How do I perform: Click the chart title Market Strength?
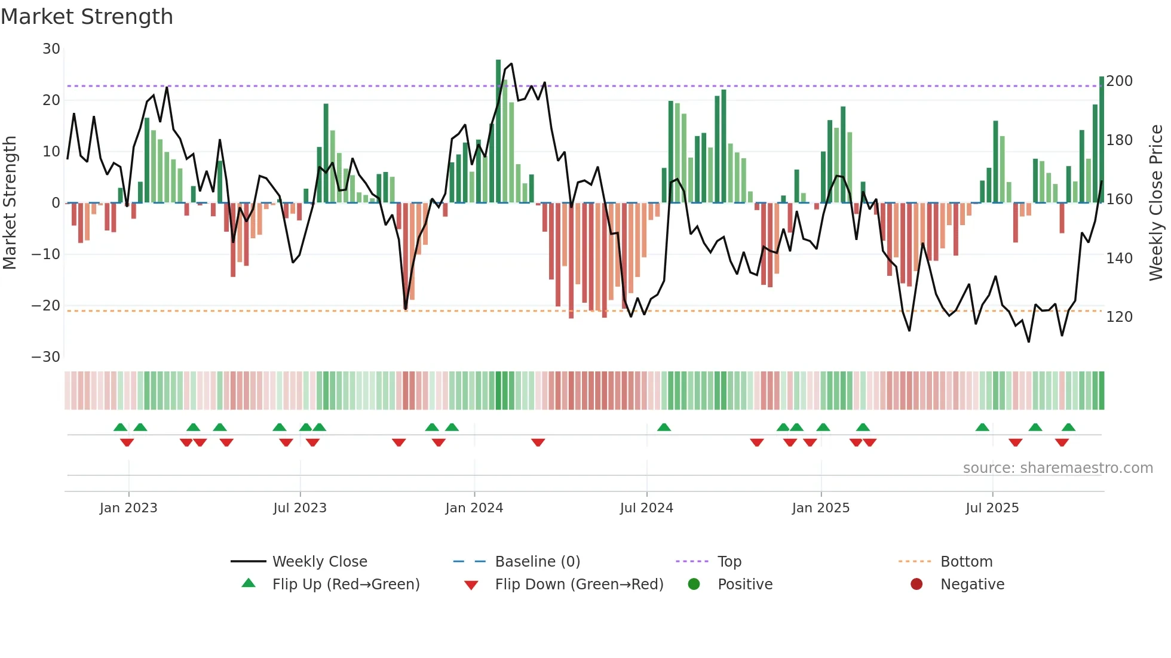pos(87,17)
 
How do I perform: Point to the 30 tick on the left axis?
pos(51,49)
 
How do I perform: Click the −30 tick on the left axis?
pos(46,357)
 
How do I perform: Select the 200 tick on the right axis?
pos(1119,81)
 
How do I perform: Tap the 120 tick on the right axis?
pos(1119,317)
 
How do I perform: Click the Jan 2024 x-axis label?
pos(474,508)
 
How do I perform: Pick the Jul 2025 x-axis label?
pos(992,508)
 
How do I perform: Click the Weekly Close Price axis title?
pos(1156,203)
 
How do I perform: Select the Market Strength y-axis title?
pos(10,203)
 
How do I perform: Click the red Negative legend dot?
pos(916,585)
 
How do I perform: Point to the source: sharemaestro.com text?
pos(1057,468)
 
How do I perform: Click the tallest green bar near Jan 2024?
pos(498,131)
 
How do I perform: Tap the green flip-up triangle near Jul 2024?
pos(664,428)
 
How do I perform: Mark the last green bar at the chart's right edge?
pos(1101,140)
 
